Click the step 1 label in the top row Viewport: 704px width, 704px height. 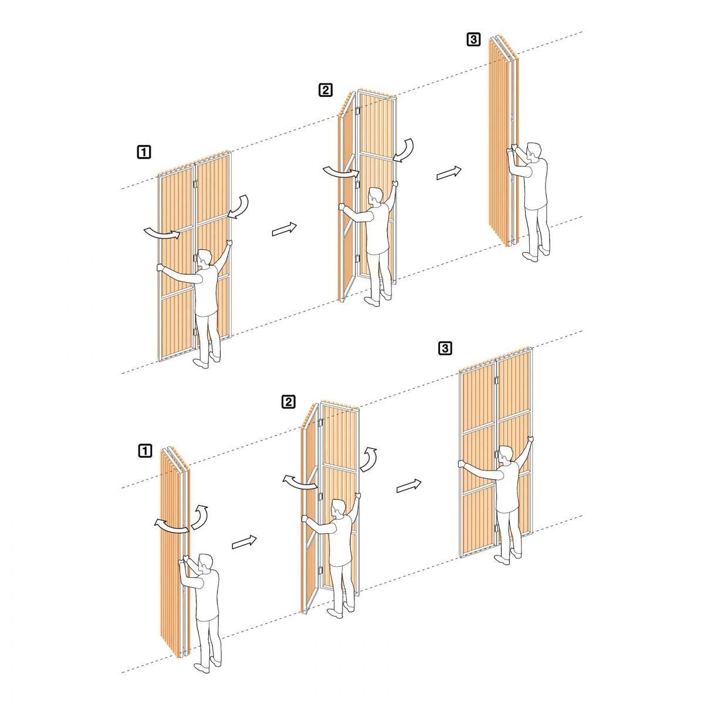tap(144, 151)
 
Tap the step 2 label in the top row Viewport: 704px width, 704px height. tap(326, 90)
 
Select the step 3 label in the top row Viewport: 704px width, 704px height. tap(473, 39)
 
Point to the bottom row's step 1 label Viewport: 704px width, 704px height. tap(145, 451)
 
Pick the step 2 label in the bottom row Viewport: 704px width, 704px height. tap(288, 402)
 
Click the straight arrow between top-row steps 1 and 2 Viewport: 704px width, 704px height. tap(285, 229)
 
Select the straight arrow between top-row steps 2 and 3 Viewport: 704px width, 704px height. tap(449, 173)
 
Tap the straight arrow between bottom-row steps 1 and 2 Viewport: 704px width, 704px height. tap(245, 542)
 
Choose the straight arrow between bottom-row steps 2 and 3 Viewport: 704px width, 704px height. tap(409, 486)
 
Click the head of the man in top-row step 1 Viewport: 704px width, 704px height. tap(204, 258)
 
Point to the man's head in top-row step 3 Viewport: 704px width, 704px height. tap(535, 151)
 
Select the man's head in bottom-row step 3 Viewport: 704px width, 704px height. tap(505, 455)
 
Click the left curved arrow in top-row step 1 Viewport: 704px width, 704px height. tap(163, 233)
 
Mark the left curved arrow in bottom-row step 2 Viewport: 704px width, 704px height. tap(300, 483)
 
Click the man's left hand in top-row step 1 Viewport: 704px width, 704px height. tap(160, 268)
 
